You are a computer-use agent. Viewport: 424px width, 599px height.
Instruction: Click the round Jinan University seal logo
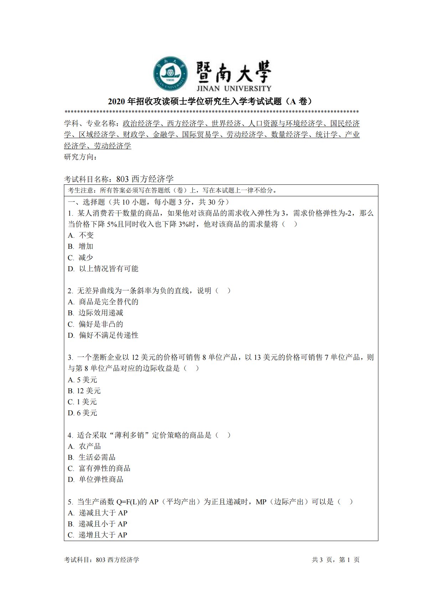tap(171, 73)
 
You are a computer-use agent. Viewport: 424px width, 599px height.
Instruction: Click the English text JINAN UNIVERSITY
tap(233, 88)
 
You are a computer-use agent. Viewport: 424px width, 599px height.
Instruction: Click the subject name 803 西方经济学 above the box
tap(145, 179)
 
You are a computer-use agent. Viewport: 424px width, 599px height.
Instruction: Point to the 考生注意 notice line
tap(172, 190)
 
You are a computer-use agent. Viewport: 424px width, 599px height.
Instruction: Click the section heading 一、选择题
tap(87, 202)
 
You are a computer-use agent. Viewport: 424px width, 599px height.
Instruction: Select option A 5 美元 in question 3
tap(82, 380)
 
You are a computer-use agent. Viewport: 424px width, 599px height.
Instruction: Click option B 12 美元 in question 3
tap(84, 391)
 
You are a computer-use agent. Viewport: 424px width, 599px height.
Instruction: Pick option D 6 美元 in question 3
tap(82, 413)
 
